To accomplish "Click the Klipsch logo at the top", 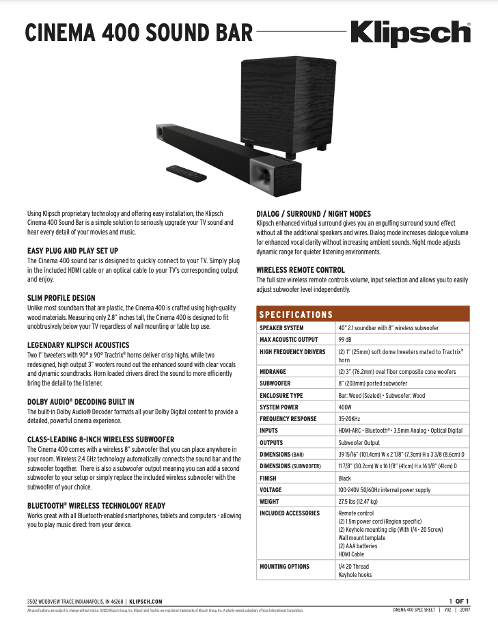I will coord(410,33).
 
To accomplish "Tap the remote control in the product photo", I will coord(186,172).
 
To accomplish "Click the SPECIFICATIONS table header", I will coord(294,314).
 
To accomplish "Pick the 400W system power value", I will coord(346,407).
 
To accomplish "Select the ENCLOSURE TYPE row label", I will coord(281,395).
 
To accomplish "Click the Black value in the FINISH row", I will coord(345,478).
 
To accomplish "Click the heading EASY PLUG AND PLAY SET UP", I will coord(72,251).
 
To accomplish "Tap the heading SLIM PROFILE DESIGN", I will coord(61,298).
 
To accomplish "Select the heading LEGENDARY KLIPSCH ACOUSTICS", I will coord(78,345).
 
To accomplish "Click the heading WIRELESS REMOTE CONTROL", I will coord(301,270).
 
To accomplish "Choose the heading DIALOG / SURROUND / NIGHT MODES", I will coord(314,213).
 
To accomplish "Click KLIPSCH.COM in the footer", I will coord(146,601).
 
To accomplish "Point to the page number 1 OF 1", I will coord(458,600).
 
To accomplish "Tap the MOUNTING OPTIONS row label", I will coord(284,566).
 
